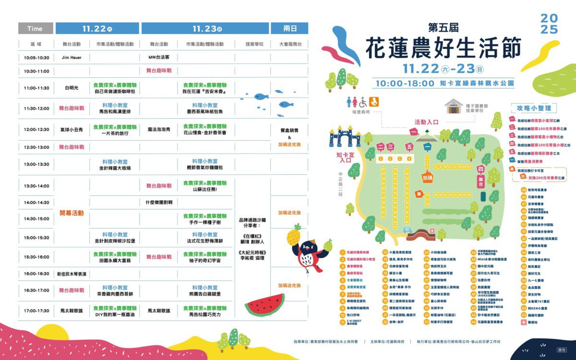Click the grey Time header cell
[x=36, y=28]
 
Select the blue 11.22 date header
[x=97, y=28]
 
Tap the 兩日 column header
[x=289, y=28]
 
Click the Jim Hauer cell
[x=72, y=58]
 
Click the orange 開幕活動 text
[x=72, y=213]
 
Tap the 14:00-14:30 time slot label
[x=36, y=203]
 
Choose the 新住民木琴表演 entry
[x=72, y=274]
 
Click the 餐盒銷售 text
[x=289, y=130]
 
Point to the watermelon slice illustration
[x=264, y=304]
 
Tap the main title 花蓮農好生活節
[x=442, y=48]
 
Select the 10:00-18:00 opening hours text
[x=405, y=83]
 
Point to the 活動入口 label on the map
[x=426, y=122]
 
